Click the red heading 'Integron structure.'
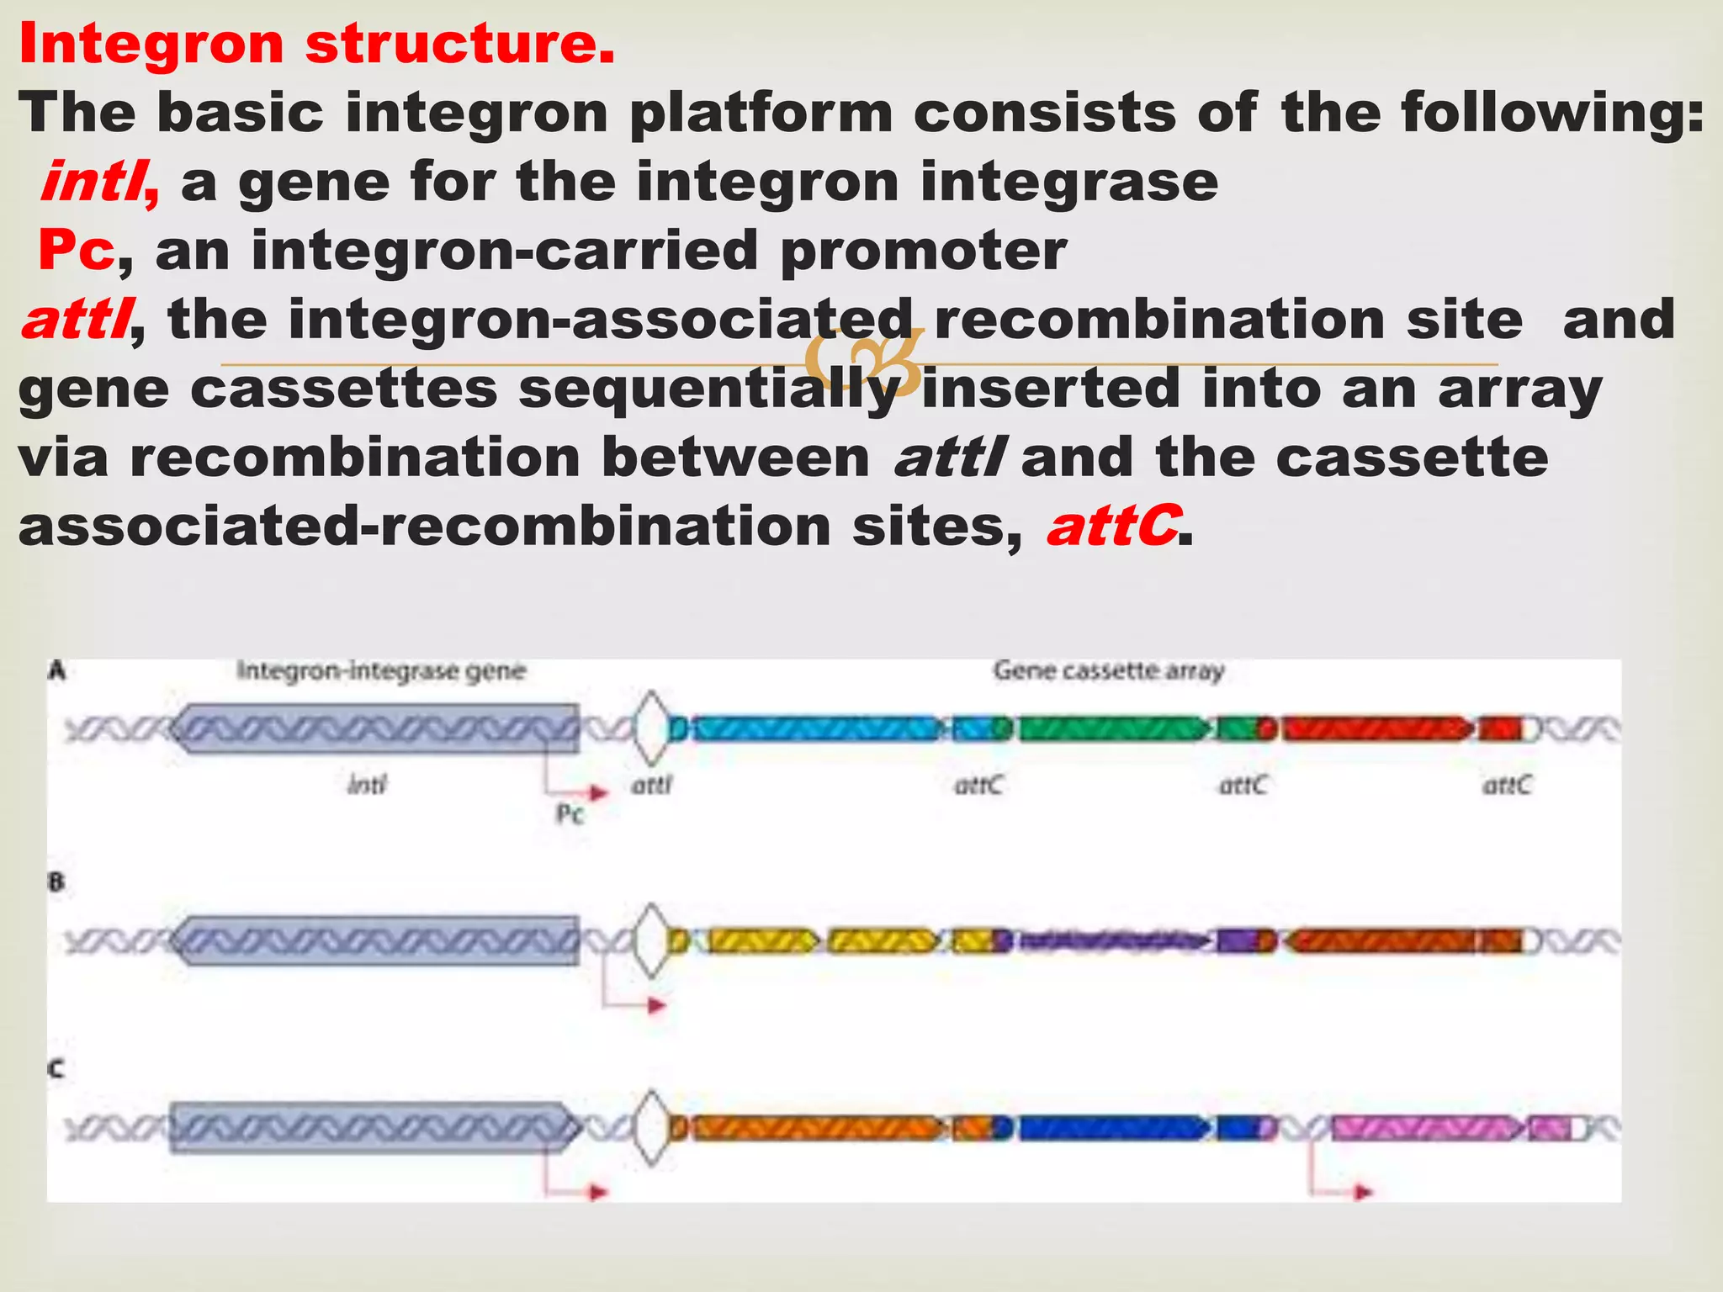point(316,44)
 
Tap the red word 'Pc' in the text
point(76,251)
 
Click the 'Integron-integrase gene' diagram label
point(381,671)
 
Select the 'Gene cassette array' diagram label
point(1108,671)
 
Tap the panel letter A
point(57,670)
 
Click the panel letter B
point(56,882)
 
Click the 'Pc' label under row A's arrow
point(570,814)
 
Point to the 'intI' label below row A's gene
point(367,786)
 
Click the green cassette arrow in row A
point(1111,728)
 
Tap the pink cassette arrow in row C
point(1426,1128)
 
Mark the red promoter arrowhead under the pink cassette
point(1363,1192)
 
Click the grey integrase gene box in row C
point(370,1127)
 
